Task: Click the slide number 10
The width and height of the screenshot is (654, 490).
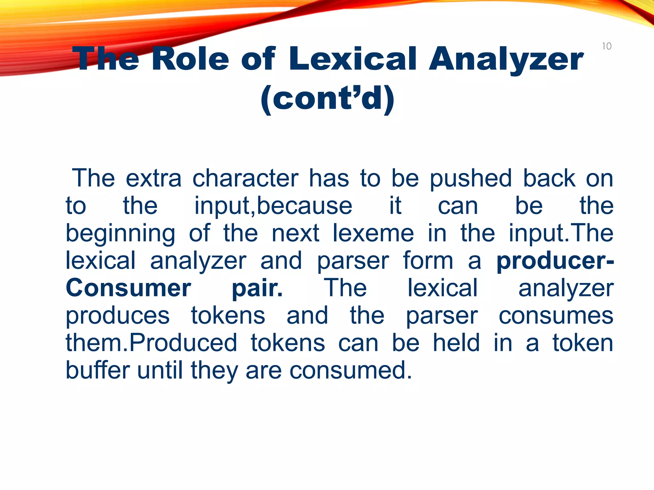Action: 607,46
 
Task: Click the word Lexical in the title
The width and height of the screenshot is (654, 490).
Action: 353,59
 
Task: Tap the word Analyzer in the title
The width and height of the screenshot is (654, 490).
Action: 506,59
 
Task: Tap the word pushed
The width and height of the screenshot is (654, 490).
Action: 471,179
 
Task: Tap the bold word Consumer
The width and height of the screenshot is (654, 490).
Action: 128,288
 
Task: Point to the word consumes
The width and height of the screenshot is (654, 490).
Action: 556,316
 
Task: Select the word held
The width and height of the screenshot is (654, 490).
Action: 456,343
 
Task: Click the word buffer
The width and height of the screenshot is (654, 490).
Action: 97,370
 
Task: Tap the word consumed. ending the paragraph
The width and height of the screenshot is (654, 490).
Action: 351,370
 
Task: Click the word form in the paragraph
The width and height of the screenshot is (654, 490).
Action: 428,261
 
